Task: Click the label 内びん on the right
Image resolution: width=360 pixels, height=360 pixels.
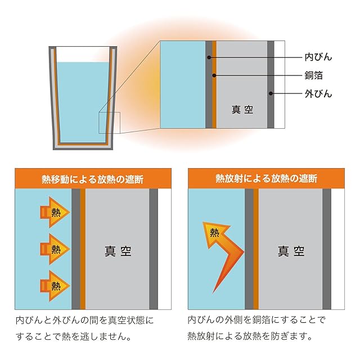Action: point(318,57)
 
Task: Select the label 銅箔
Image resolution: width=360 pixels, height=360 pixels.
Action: point(314,75)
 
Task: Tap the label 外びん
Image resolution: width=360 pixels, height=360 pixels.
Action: point(318,94)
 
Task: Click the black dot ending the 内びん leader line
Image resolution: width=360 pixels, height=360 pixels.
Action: point(209,57)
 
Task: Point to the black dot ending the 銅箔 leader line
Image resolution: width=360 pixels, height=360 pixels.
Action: point(214,75)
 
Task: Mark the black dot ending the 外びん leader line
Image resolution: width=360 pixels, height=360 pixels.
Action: point(271,93)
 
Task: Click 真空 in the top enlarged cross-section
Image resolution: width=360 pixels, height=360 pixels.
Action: point(242,110)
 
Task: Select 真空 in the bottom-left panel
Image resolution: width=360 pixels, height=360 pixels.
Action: point(118,251)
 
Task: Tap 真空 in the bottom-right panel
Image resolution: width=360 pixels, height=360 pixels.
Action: point(291,251)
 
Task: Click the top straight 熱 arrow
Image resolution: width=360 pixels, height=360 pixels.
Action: point(55,213)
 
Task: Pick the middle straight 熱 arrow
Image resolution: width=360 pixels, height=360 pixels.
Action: point(55,249)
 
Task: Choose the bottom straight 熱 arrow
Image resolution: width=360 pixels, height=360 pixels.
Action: point(55,286)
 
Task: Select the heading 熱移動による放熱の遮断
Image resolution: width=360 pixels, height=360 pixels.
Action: point(92,179)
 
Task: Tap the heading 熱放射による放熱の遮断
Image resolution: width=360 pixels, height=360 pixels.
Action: point(266,179)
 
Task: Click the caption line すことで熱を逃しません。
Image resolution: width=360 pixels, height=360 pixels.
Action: point(74,336)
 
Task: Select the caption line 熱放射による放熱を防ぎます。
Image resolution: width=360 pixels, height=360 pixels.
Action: point(250,336)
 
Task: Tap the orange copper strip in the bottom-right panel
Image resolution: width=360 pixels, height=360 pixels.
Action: point(256,249)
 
